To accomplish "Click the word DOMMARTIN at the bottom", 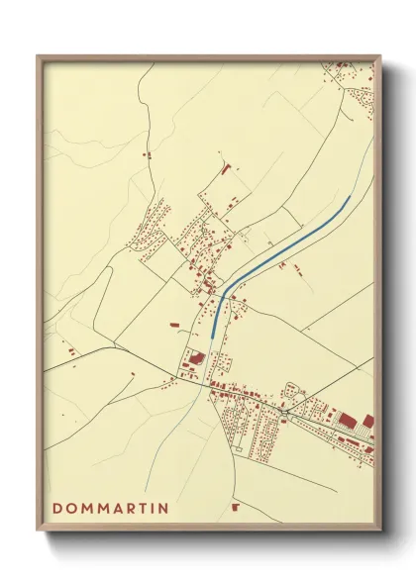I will pyautogui.click(x=110, y=509).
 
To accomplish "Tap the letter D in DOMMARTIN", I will pyautogui.click(x=56, y=509).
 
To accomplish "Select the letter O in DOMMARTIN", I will pyautogui.click(x=70, y=509).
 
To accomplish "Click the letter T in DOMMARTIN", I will pyautogui.click(x=142, y=509).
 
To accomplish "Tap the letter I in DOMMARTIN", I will pyautogui.click(x=152, y=509).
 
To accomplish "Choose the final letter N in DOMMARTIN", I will pyautogui.click(x=162, y=509).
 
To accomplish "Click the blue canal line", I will pyautogui.click(x=277, y=251).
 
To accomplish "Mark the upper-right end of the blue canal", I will pyautogui.click(x=349, y=196).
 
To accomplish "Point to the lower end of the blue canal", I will pyautogui.click(x=211, y=336).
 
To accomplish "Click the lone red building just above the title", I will pyautogui.click(x=236, y=507).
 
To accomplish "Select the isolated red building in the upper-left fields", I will pyautogui.click(x=146, y=155).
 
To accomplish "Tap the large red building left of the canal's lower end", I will pyautogui.click(x=195, y=359).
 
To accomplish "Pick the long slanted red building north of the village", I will pyautogui.click(x=225, y=170).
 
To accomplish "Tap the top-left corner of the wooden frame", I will pyautogui.click(x=38, y=54).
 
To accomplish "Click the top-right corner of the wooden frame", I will pyautogui.click(x=380, y=54).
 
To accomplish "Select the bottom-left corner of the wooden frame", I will pyautogui.click(x=38, y=532).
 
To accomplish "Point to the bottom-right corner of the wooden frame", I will pyautogui.click(x=380, y=532).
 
